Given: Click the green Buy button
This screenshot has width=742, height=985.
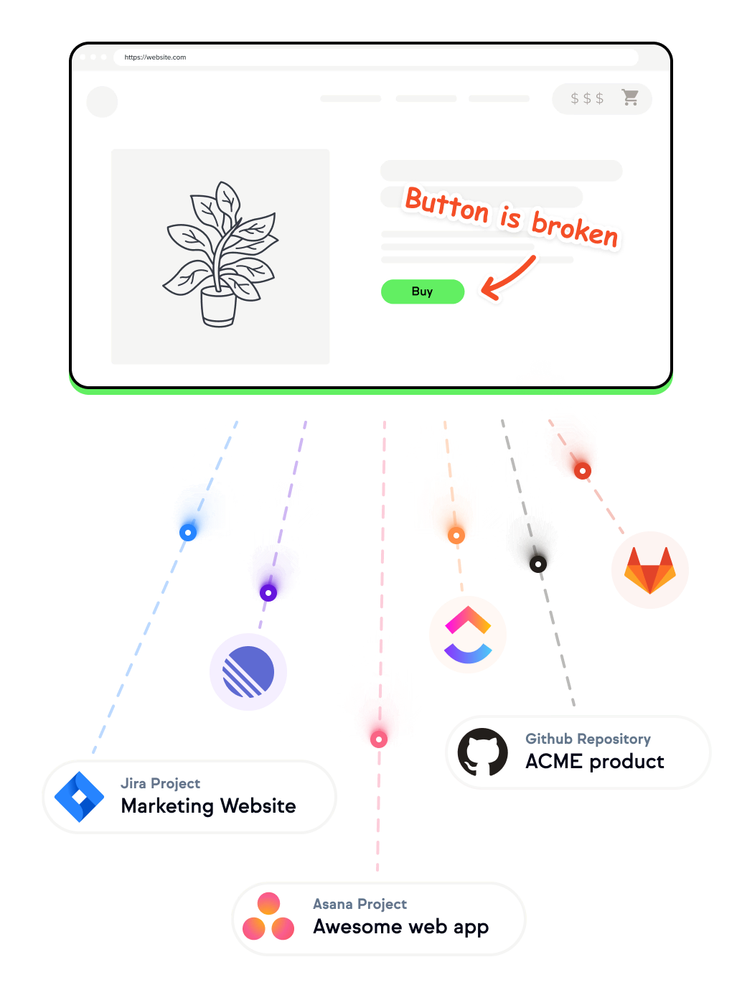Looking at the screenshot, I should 422,291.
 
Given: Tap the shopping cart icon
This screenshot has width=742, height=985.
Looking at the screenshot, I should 630,98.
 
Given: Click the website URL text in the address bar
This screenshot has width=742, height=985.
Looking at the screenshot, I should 155,57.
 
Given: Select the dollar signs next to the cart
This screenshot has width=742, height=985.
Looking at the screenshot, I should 586,98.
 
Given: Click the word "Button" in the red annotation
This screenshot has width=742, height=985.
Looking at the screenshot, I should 446,207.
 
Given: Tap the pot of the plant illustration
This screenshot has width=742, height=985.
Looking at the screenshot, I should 218,307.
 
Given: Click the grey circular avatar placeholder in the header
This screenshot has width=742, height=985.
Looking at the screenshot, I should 102,101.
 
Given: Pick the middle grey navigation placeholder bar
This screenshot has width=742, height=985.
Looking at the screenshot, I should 426,98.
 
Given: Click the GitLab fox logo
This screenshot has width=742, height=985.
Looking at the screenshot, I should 649,571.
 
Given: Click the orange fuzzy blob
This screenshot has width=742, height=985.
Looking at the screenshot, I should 448,505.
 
